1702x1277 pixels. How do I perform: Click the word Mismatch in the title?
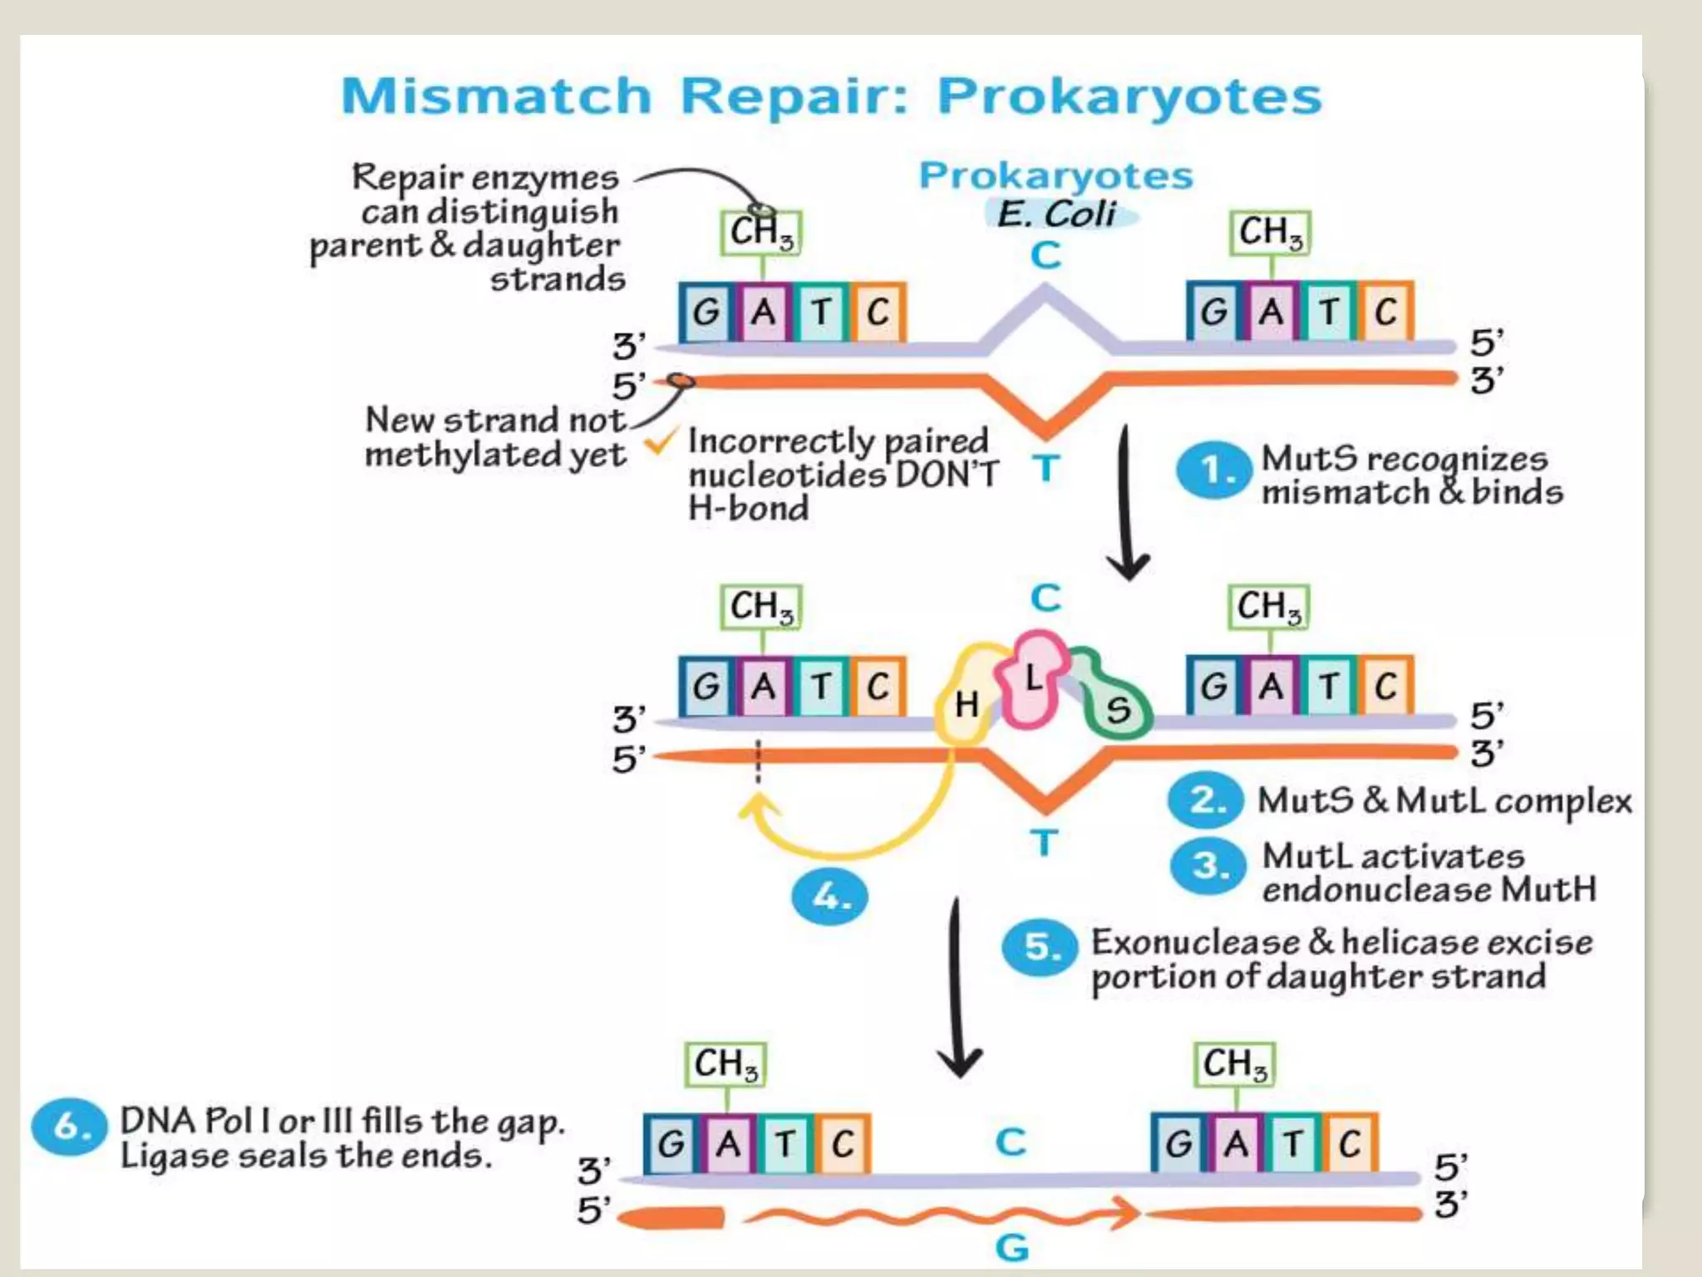[x=496, y=96]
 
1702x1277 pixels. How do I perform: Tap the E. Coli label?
[x=1056, y=214]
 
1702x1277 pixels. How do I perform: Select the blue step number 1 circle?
[x=1213, y=471]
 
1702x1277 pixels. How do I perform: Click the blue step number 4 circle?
[x=829, y=897]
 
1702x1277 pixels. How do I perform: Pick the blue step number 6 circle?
[x=69, y=1127]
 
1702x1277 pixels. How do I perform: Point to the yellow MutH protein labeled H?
[x=967, y=703]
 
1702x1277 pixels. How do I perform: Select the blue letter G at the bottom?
[x=1011, y=1248]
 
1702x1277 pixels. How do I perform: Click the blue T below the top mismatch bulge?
[x=1046, y=469]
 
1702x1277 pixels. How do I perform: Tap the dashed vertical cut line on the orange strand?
[x=757, y=761]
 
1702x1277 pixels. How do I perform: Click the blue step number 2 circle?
[x=1205, y=801]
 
